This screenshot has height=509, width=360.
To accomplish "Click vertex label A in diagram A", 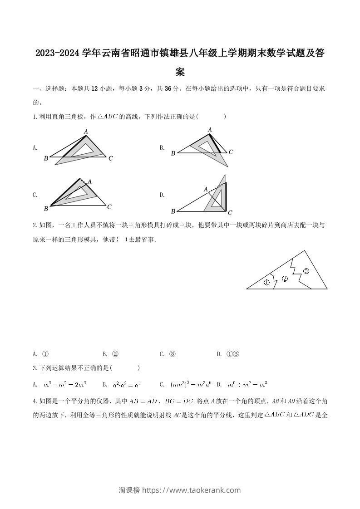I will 85,132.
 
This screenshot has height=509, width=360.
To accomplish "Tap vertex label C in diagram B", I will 231,152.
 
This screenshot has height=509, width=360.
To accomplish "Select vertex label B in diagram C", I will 46,209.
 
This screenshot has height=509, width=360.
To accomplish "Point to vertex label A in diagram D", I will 206,189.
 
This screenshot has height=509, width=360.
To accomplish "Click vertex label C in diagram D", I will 230,212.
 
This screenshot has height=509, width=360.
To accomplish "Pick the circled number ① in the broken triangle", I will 266,282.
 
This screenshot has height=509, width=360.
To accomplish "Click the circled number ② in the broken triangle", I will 285,279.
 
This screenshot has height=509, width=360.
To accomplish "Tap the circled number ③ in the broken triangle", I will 306,271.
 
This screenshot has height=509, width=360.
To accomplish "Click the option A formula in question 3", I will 64,385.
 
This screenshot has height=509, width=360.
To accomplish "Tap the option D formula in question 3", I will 247,385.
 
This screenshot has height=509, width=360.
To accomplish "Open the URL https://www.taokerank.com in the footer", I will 191,490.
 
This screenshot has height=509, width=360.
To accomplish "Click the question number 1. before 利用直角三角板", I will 35,117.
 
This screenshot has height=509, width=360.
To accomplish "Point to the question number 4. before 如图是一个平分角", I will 35,401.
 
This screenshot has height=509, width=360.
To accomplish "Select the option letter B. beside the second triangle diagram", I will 162,147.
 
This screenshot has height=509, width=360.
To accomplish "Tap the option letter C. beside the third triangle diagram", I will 35,195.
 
